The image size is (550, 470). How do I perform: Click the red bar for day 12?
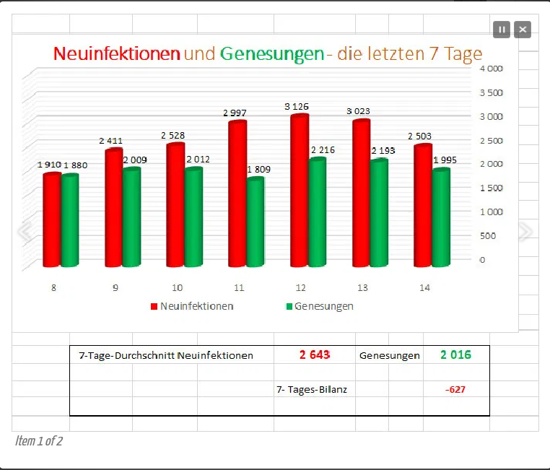click(299, 191)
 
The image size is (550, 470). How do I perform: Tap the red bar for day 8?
click(51, 220)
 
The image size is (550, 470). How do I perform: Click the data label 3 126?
click(297, 107)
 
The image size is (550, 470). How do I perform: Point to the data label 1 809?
click(260, 170)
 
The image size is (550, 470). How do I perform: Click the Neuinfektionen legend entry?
click(192, 306)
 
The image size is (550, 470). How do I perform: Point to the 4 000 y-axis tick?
click(490, 69)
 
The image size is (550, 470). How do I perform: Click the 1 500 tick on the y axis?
click(490, 188)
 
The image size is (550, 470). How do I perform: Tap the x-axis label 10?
click(177, 287)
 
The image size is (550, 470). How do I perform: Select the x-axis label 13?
click(362, 287)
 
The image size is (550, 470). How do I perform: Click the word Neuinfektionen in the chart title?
click(117, 53)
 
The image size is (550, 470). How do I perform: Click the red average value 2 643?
click(315, 354)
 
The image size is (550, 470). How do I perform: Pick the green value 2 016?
click(455, 354)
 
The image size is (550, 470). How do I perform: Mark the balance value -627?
click(455, 390)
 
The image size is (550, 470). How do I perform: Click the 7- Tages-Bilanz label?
click(312, 390)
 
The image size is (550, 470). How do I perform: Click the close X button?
click(523, 30)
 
